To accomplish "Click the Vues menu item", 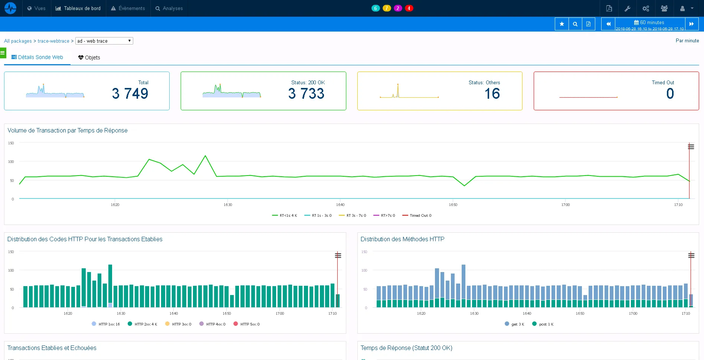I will tap(36, 8).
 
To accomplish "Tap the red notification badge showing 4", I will tap(409, 8).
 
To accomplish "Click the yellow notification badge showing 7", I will tap(387, 8).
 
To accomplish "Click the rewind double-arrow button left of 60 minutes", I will tap(608, 24).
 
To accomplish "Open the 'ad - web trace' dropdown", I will tap(104, 41).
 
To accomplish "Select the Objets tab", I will tap(89, 58).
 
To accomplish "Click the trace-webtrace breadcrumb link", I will tap(53, 41).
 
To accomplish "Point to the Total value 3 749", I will tap(130, 94).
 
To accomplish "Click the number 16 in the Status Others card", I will tap(492, 94).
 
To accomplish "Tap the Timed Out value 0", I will tap(670, 94).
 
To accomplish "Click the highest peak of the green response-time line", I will tap(205, 156).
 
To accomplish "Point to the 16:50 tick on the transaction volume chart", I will tap(453, 204).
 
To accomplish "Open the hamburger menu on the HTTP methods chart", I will tap(691, 255).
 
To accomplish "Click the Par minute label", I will tap(687, 41).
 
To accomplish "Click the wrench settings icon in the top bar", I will tap(627, 8).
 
